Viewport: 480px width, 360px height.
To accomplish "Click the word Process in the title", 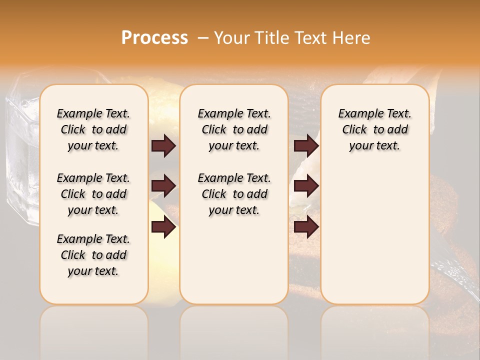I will coord(154,38).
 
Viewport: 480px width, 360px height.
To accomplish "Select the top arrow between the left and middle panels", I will coord(163,145).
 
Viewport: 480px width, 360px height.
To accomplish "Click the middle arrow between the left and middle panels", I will coord(163,186).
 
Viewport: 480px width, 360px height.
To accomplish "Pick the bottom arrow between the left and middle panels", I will coord(163,227).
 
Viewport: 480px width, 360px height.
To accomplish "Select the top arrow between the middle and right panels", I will coord(306,145).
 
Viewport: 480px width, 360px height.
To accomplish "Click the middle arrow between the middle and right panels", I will coord(306,186).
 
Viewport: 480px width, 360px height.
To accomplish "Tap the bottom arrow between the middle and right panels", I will coord(306,227).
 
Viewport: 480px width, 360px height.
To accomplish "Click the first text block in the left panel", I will coord(93,129).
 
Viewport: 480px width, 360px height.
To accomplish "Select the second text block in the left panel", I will coord(93,194).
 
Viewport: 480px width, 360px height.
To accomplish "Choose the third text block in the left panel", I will coord(93,255).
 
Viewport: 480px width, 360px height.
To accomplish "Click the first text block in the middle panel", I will coord(234,129).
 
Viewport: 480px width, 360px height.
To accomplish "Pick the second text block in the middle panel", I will coord(234,194).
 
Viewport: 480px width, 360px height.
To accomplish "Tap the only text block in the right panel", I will coord(374,129).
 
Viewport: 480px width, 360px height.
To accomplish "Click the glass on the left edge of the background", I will coord(20,150).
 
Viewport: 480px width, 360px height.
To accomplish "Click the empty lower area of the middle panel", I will coord(234,260).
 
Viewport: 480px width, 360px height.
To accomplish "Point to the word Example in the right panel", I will coord(355,114).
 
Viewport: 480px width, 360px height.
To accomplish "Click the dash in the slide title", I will coord(202,38).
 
